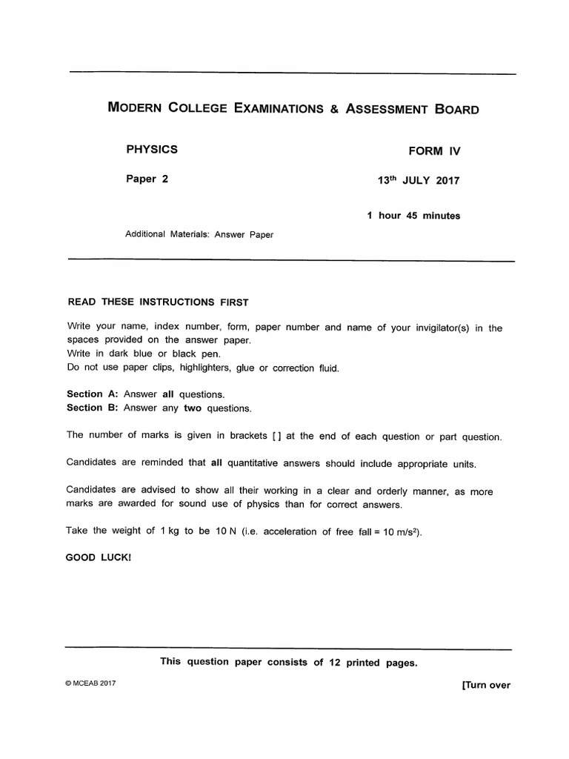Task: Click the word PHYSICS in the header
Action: tap(152, 149)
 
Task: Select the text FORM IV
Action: tap(434, 150)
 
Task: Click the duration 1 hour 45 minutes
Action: tap(413, 216)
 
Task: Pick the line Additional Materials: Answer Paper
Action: tap(199, 235)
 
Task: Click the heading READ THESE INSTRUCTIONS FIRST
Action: tap(158, 302)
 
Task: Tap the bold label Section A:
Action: tap(93, 394)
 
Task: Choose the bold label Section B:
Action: tap(93, 408)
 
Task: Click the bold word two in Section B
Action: tap(193, 408)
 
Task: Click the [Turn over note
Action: tap(485, 685)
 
